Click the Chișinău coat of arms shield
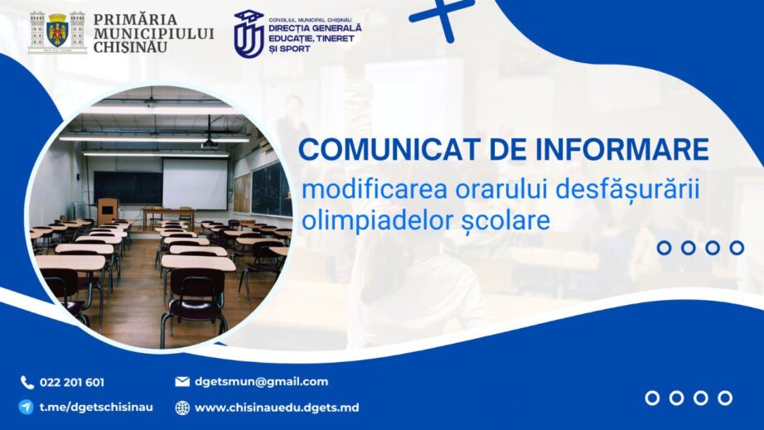point(57,31)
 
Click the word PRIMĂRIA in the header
point(135,20)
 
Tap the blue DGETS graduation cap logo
point(249,34)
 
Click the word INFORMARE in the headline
point(622,149)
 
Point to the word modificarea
point(375,190)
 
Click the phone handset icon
point(27,382)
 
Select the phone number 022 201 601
point(72,382)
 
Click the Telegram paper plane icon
point(27,407)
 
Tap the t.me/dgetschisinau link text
point(96,407)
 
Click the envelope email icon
point(182,381)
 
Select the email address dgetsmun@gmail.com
point(262,382)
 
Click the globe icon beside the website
point(182,408)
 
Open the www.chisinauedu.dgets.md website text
point(277,408)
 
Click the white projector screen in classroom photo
point(195,184)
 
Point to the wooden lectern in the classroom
point(108,211)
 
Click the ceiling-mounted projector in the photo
point(210,143)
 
